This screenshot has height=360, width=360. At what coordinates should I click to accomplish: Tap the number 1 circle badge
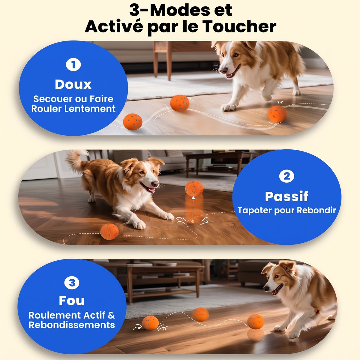pyautogui.click(x=73, y=65)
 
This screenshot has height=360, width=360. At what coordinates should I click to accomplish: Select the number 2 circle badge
pyautogui.click(x=286, y=176)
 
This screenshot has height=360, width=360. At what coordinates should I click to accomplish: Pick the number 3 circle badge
pyautogui.click(x=72, y=283)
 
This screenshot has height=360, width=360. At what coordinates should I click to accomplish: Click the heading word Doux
pyautogui.click(x=73, y=84)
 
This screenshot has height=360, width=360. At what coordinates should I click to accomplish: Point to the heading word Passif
pyautogui.click(x=286, y=196)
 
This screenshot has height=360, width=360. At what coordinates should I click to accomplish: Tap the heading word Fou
pyautogui.click(x=72, y=301)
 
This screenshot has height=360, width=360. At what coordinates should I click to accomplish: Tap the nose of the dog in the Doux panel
pyautogui.click(x=223, y=70)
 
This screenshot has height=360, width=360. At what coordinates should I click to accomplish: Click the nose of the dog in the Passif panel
pyautogui.click(x=155, y=184)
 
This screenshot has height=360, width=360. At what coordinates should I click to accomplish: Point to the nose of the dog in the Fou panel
pyautogui.click(x=266, y=288)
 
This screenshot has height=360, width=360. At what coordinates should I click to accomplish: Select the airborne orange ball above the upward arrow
pyautogui.click(x=194, y=188)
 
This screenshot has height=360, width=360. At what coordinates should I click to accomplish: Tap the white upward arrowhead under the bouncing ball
pyautogui.click(x=193, y=198)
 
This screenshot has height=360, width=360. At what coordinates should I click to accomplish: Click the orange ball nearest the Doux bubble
pyautogui.click(x=133, y=121)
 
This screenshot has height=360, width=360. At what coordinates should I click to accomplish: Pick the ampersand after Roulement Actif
pyautogui.click(x=111, y=315)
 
